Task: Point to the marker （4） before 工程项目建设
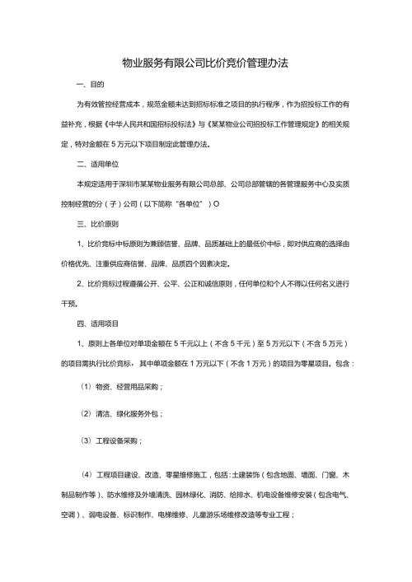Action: coord(86,475)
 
